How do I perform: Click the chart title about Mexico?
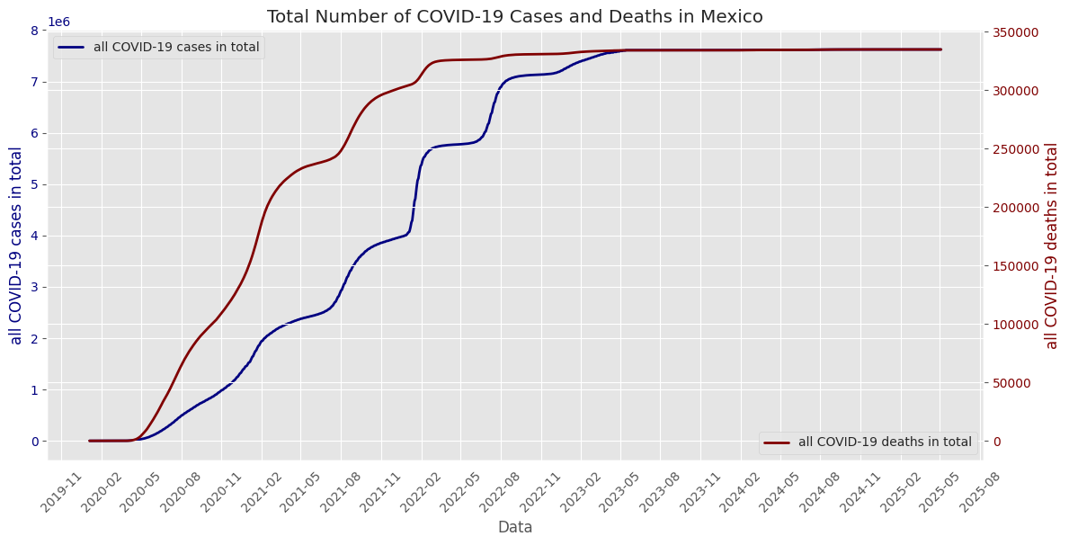(514, 16)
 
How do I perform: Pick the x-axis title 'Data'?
(515, 527)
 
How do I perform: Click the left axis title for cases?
(16, 246)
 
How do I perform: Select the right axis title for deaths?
(1052, 246)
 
